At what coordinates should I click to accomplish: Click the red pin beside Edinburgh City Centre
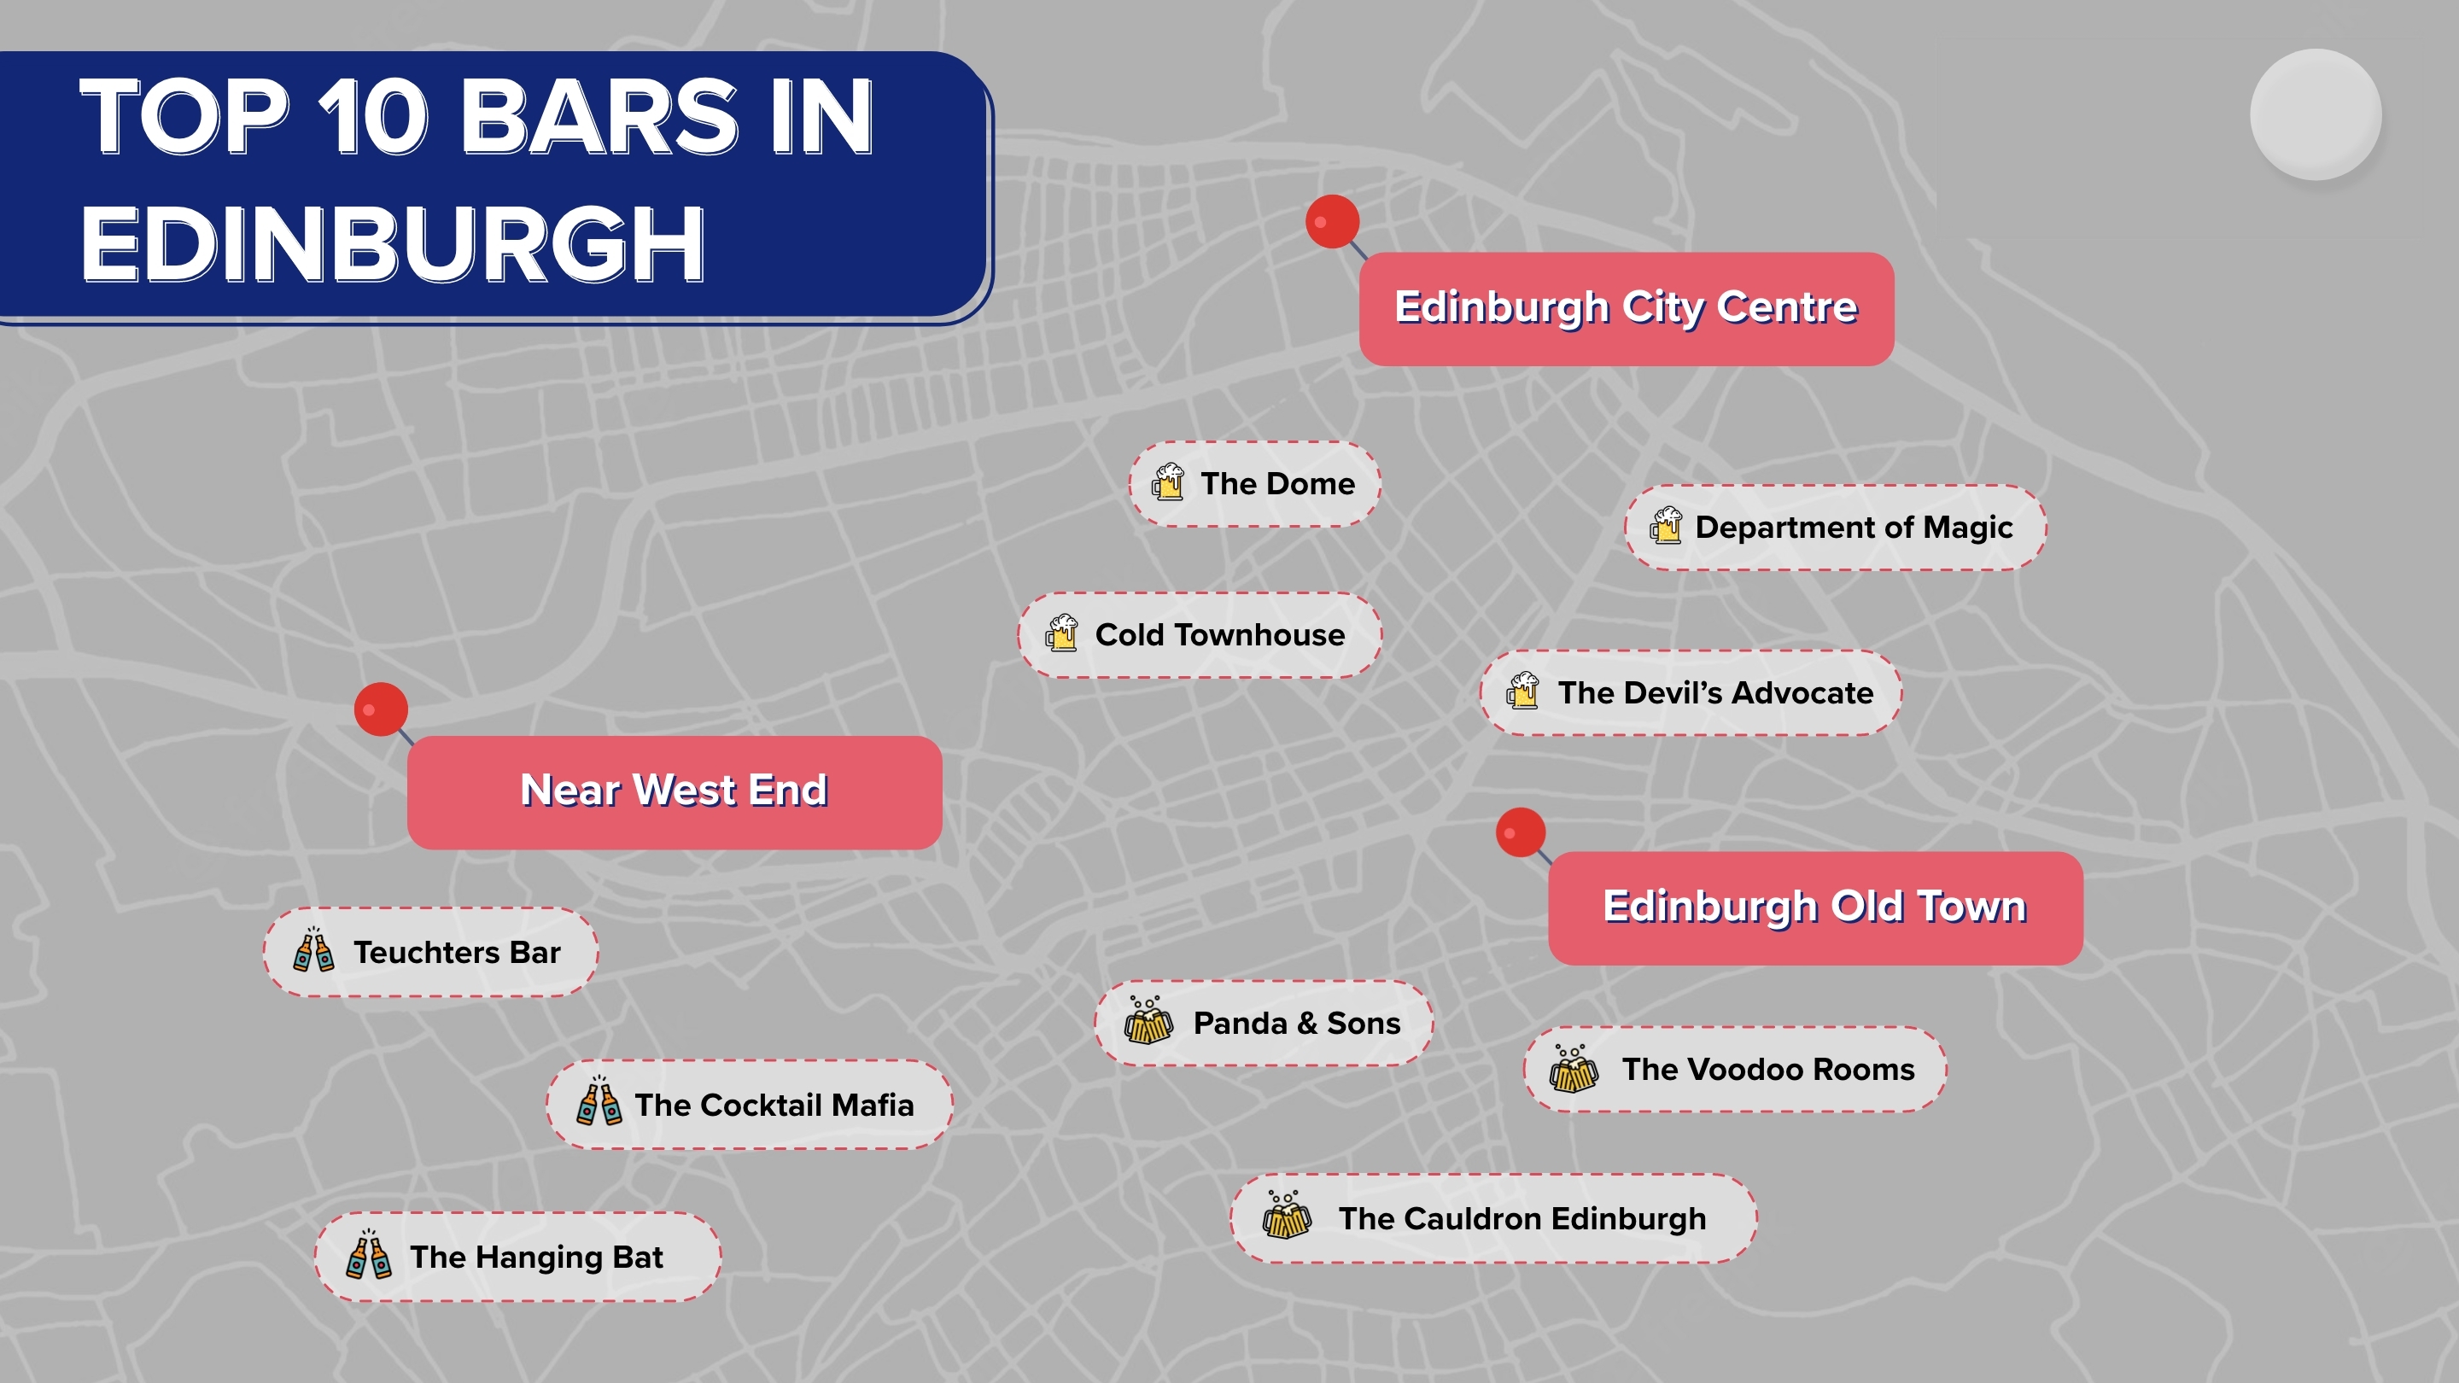(1333, 221)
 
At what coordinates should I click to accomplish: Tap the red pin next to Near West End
(381, 709)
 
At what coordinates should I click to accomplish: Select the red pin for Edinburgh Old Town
(1521, 832)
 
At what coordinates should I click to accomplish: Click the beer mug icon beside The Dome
(1167, 483)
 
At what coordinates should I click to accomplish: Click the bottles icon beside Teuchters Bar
(313, 951)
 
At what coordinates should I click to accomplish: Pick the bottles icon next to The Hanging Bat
(369, 1255)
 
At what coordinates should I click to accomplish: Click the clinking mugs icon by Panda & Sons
(1148, 1021)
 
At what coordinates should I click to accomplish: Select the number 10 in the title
(373, 118)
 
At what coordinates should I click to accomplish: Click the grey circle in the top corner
(2315, 114)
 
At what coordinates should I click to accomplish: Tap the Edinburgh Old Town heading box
(1814, 907)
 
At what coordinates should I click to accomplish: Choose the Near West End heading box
(674, 791)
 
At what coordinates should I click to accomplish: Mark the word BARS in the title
(599, 118)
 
